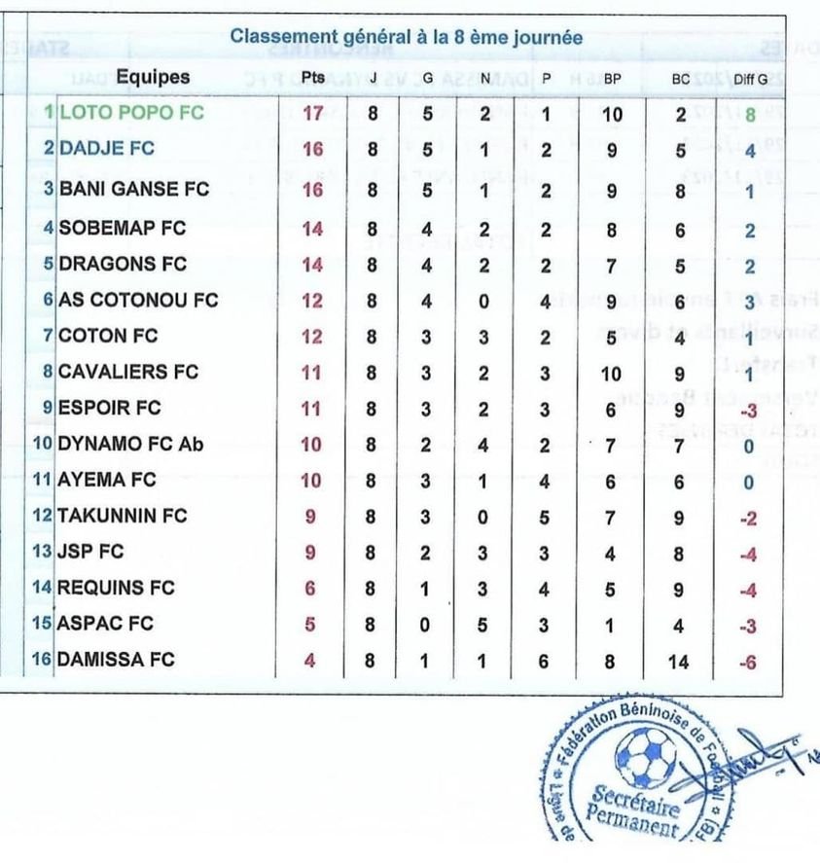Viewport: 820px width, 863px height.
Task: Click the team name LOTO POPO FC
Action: [x=131, y=113]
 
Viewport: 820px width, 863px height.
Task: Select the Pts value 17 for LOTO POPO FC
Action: [x=312, y=113]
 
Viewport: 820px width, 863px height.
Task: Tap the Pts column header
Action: [x=313, y=79]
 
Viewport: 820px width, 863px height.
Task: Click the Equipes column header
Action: [x=154, y=78]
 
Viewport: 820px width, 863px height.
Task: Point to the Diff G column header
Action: [x=749, y=80]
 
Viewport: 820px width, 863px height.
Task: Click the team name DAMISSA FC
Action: [x=117, y=661]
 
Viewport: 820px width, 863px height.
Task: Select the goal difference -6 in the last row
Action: [x=746, y=663]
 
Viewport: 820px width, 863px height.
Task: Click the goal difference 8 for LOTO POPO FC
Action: [x=750, y=115]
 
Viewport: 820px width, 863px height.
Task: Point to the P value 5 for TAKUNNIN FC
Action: [x=548, y=517]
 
